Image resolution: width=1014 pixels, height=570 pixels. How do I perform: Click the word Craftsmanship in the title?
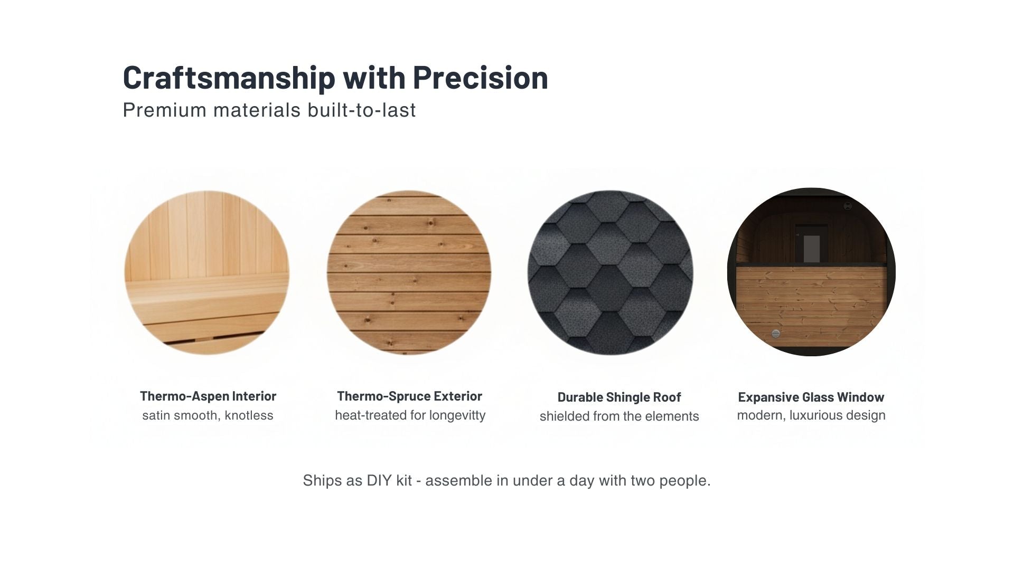click(x=229, y=78)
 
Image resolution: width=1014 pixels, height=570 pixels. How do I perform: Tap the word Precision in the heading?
click(x=480, y=77)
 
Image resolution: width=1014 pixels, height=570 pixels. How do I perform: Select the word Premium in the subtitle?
click(x=164, y=110)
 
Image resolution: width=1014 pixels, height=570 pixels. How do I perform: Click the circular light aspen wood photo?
click(x=206, y=272)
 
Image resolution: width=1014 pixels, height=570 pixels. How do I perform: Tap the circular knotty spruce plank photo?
click(x=409, y=272)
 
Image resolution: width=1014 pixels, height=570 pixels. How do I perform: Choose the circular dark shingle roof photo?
click(x=610, y=272)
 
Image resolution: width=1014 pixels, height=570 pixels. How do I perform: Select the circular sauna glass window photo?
click(x=811, y=272)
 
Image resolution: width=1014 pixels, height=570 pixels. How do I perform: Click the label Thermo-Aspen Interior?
click(x=208, y=396)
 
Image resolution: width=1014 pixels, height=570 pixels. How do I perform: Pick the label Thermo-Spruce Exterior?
click(x=409, y=396)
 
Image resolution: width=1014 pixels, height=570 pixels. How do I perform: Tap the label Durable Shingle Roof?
click(x=619, y=397)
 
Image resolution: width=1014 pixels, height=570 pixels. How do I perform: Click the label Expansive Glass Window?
click(x=811, y=397)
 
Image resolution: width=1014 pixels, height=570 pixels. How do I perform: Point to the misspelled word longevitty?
click(x=457, y=415)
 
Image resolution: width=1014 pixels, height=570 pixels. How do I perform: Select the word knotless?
click(x=249, y=415)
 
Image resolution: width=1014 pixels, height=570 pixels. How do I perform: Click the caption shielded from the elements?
click(x=619, y=416)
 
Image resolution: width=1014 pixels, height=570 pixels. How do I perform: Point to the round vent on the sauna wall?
click(x=775, y=333)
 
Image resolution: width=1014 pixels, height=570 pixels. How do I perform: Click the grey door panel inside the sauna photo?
click(x=812, y=248)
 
